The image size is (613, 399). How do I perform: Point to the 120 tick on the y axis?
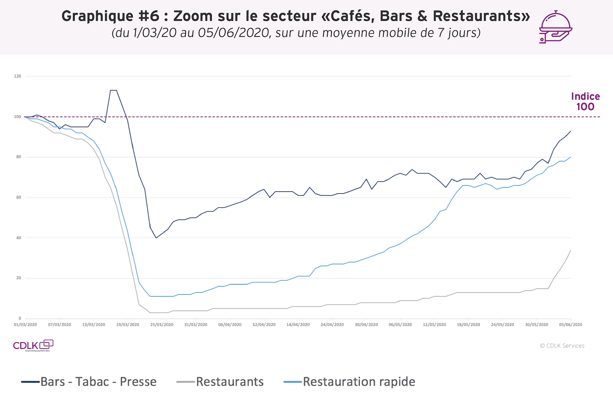tap(18, 76)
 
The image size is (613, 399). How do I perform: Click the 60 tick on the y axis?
tap(18, 198)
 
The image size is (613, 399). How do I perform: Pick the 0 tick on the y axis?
tap(20, 319)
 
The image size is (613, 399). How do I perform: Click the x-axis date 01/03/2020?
tap(25, 325)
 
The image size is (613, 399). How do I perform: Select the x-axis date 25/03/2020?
tap(162, 325)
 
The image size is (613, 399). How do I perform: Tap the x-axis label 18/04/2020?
tap(298, 325)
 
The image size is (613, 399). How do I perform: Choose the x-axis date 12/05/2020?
tap(434, 325)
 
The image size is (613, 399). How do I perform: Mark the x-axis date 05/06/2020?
tap(571, 325)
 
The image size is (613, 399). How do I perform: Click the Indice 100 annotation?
tap(585, 102)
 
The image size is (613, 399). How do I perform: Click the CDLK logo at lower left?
tap(33, 345)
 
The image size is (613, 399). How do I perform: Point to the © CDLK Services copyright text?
tap(562, 346)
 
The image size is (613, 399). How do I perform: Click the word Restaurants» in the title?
tap(481, 16)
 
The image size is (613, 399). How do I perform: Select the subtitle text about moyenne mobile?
tap(296, 33)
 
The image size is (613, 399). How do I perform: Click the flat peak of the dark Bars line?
tap(114, 90)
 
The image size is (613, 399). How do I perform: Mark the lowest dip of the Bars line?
tap(156, 238)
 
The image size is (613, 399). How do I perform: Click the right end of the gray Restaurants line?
tap(570, 250)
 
